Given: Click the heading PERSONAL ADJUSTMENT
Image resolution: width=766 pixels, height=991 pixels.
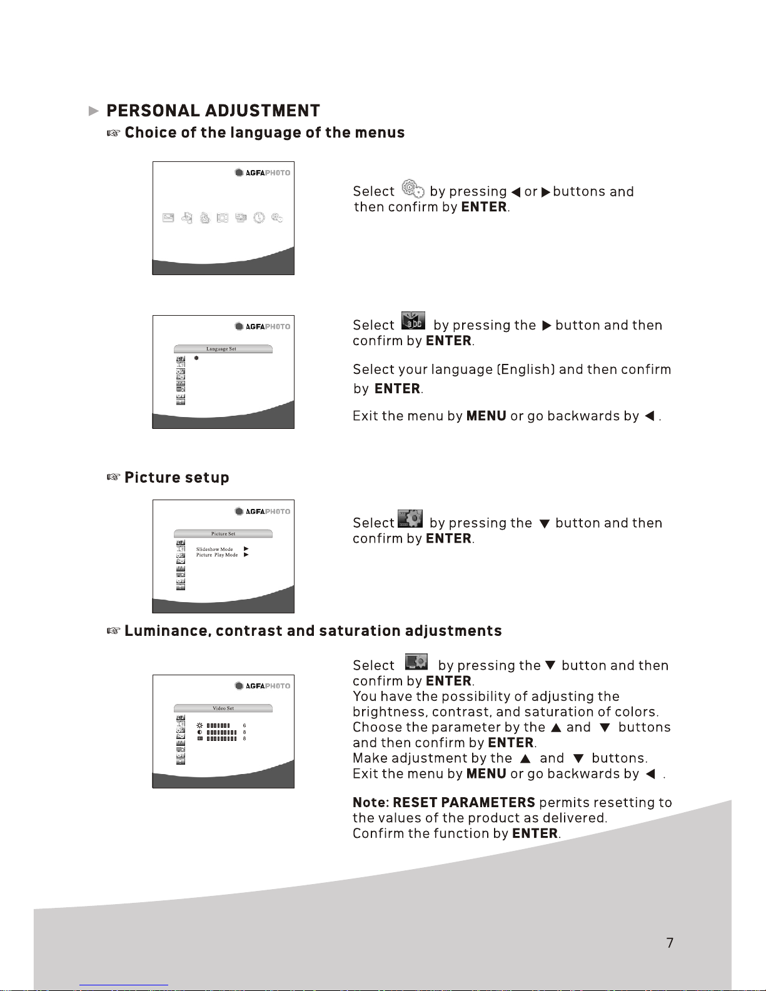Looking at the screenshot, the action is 213,111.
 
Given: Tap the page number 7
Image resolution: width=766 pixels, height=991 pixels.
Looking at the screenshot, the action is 670,943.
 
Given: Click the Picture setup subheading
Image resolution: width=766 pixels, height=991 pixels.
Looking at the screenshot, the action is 176,477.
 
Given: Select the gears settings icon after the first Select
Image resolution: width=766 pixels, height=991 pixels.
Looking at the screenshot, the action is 413,188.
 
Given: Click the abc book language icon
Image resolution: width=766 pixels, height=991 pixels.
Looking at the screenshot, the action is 413,321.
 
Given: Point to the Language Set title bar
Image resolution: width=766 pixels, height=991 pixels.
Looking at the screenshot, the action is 223,349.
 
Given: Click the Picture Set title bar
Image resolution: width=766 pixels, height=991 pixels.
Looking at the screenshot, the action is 223,533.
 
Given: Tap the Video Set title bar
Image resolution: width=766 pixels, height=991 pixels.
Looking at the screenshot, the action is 223,708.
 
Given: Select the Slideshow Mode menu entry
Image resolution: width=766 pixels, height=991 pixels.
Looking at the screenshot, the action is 214,549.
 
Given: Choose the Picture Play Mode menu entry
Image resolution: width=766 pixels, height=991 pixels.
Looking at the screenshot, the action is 217,555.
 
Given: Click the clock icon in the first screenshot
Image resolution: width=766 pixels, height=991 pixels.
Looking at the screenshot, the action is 259,218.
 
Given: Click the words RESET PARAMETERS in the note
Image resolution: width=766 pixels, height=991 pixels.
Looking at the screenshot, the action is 464,802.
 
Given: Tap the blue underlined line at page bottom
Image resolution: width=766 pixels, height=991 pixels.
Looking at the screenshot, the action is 124,985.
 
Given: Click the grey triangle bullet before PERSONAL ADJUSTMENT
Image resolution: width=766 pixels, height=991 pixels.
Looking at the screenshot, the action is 93,111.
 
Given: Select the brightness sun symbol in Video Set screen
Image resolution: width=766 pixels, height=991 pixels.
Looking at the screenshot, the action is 199,725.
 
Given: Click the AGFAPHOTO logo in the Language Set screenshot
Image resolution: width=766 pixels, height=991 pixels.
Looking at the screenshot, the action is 262,326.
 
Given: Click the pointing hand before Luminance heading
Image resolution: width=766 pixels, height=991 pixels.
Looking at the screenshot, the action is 114,631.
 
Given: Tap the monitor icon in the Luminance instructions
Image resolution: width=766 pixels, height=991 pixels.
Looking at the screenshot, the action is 416,662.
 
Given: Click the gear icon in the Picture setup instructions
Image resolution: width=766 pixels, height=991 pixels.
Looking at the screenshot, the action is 410,518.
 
